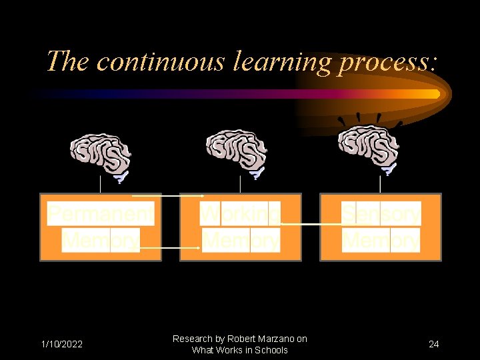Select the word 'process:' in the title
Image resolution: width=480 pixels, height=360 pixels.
click(x=388, y=63)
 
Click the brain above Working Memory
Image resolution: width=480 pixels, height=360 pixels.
click(x=237, y=153)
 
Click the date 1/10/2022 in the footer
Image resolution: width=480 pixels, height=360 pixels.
click(x=62, y=344)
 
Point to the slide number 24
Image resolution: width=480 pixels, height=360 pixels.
click(x=434, y=344)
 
